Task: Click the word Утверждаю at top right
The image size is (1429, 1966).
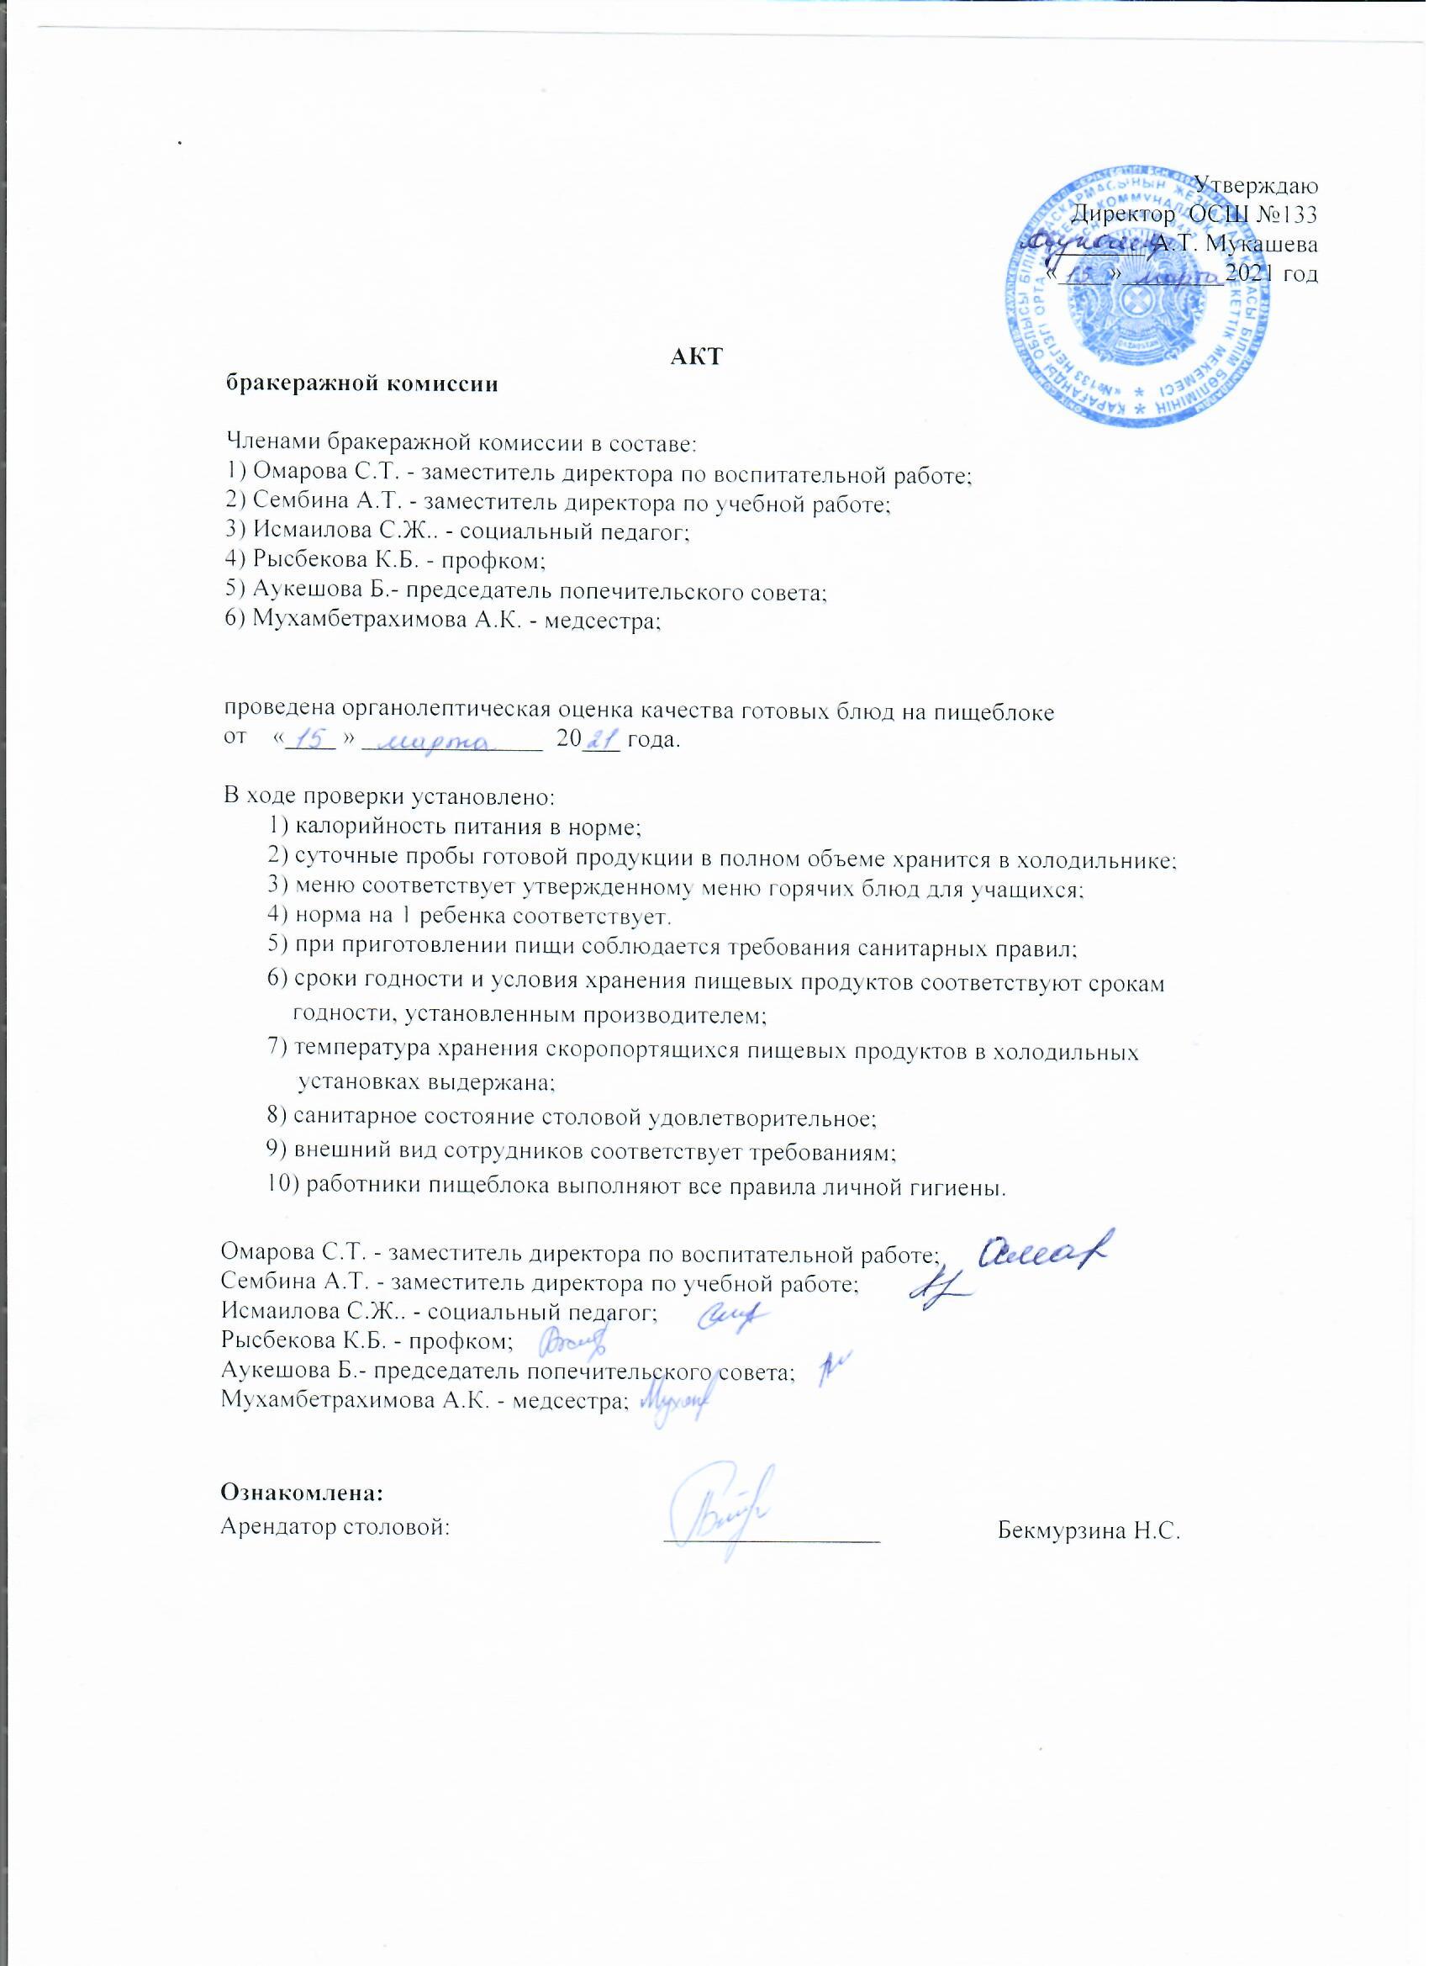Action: point(1256,185)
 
